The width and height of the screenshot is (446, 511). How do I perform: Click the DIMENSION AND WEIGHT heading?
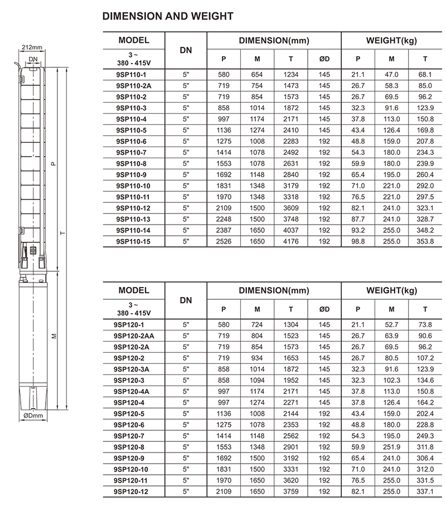168,16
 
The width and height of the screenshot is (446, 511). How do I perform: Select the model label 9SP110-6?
132,142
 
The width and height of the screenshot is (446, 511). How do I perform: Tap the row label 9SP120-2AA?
134,336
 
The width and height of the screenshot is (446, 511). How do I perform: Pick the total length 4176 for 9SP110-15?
291,241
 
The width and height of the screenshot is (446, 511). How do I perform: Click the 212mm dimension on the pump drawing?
32,47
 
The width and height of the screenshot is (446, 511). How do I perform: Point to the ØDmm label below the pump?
33,416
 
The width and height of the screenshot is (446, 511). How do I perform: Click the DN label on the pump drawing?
33,59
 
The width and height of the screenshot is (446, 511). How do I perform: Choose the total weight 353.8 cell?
425,241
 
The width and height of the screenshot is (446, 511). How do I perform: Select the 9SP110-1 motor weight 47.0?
391,75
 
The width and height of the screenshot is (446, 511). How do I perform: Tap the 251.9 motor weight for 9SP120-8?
391,447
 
